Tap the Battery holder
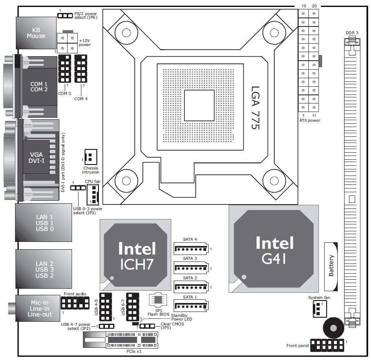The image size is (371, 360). [331, 266]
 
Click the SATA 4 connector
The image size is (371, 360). [190, 248]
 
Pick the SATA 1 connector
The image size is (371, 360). [190, 306]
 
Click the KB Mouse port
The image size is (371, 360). [36, 33]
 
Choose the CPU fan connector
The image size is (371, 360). [92, 194]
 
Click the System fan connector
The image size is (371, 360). [319, 309]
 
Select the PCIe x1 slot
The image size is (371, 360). [121, 339]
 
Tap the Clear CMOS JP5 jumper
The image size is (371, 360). [147, 326]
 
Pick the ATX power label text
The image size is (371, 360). [310, 121]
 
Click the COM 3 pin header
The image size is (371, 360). [65, 68]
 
